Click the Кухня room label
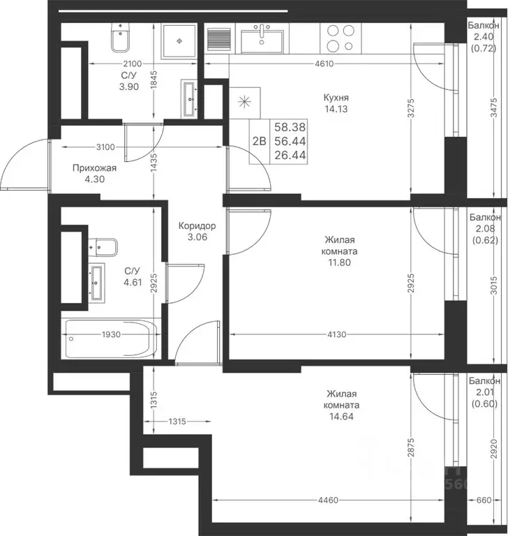[x=336, y=98]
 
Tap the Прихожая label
[x=94, y=168]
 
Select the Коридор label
[x=197, y=226]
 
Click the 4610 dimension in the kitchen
[x=324, y=64]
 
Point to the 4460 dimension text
[x=328, y=500]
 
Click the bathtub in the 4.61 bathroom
[x=110, y=338]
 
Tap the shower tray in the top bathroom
[x=179, y=41]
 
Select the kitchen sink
[x=262, y=38]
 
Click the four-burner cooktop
[x=340, y=38]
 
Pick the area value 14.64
[x=341, y=417]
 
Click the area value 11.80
[x=339, y=262]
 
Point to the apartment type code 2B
[x=259, y=141]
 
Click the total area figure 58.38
[x=290, y=127]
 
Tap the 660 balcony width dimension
[x=484, y=500]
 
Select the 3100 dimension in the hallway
[x=105, y=147]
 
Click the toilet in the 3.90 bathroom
[x=120, y=38]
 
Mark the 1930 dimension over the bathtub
[x=111, y=335]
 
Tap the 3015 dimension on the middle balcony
[x=494, y=285]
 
